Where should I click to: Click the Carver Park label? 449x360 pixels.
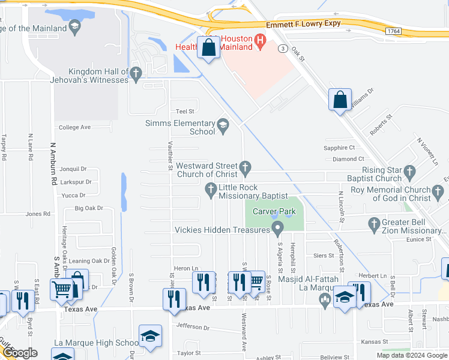274,211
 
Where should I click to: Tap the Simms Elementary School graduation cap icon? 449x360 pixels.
223,125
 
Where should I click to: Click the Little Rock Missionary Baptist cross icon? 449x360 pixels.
211,190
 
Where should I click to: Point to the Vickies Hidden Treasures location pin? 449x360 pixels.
277,228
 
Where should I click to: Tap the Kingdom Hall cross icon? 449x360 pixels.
136,74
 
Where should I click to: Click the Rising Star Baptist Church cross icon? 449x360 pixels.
410,172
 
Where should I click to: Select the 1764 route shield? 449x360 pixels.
394,31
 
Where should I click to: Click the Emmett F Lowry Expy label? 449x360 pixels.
304,23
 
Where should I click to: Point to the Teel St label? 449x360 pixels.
184,112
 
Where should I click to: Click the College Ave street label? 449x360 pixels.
74,127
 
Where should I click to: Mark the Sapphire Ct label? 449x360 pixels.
340,148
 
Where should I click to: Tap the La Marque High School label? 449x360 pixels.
96,343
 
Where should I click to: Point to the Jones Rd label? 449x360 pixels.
38,214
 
